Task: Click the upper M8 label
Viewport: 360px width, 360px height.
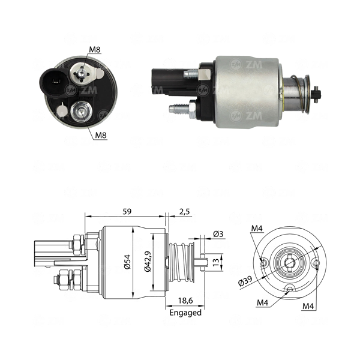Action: click(95, 49)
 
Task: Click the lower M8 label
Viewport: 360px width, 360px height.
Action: click(101, 135)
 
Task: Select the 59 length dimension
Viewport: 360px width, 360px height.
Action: click(127, 211)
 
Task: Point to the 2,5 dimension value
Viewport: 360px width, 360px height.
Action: click(185, 211)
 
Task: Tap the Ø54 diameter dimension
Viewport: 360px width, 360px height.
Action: click(127, 262)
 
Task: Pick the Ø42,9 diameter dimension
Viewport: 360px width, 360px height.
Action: click(148, 261)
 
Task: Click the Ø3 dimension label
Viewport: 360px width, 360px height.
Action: click(218, 234)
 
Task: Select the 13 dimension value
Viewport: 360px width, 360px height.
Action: click(216, 262)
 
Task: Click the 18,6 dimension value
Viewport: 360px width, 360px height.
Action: click(185, 301)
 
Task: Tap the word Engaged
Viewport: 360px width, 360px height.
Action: click(185, 313)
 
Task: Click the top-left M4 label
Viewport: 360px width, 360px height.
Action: click(257, 228)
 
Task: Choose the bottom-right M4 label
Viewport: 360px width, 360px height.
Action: click(308, 306)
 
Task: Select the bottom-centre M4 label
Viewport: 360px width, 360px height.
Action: click(262, 302)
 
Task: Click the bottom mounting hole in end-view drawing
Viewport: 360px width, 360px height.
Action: click(290, 289)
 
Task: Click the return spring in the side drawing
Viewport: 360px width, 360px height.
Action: click(182, 262)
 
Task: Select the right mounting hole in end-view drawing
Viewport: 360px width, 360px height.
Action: click(317, 262)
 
